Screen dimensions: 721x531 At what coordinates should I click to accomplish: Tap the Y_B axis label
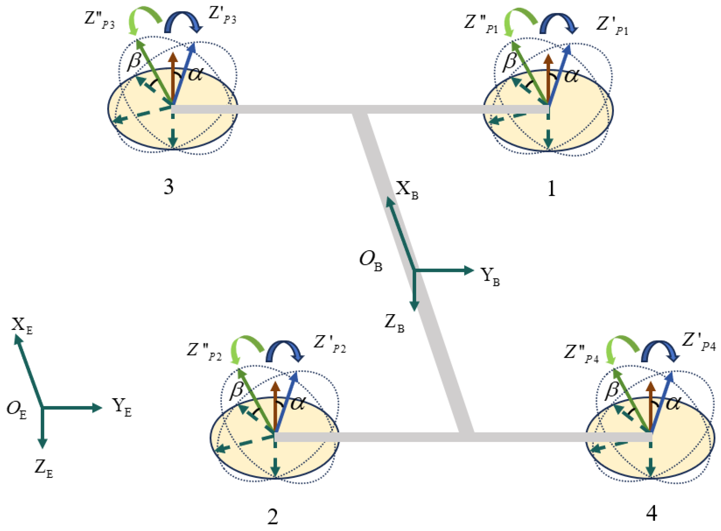point(490,277)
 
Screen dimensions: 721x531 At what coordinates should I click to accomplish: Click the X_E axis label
point(22,326)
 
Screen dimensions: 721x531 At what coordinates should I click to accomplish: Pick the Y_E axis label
point(122,407)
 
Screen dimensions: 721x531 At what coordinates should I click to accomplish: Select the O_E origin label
point(16,410)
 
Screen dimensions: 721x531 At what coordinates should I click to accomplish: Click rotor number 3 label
point(169,187)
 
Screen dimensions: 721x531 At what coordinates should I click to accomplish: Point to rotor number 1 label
point(551,189)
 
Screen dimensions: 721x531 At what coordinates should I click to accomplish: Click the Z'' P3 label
point(99,20)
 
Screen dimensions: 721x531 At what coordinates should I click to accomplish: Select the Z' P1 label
point(612,26)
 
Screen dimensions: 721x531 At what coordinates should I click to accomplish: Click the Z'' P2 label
point(204,352)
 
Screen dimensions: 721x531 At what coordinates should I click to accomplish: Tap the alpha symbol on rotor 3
point(195,74)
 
